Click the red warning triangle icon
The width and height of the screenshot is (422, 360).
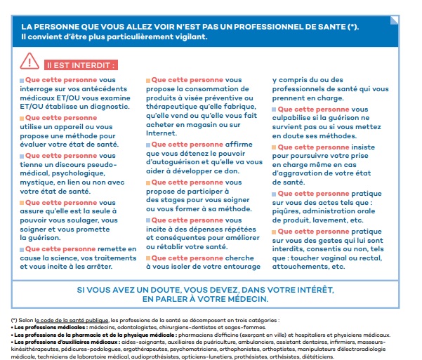pyautogui.click(x=31, y=62)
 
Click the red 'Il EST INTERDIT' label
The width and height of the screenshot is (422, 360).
pyautogui.click(x=81, y=65)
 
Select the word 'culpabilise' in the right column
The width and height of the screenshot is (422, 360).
pyautogui.click(x=298, y=119)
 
